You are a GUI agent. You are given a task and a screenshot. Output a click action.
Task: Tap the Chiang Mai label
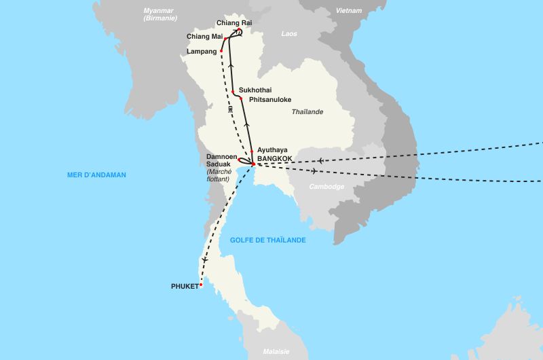point(204,36)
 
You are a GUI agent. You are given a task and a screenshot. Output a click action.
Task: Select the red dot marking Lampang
point(221,51)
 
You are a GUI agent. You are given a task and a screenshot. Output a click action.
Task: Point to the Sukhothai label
point(255,89)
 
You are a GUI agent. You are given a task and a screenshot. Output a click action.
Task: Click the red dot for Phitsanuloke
point(240,98)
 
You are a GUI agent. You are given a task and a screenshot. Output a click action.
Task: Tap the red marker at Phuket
point(201,285)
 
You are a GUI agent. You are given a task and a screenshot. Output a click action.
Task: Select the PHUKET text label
point(185,286)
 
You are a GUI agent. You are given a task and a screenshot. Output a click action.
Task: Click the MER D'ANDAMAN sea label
point(96,175)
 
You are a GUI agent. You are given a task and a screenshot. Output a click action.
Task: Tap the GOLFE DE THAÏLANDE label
point(267,240)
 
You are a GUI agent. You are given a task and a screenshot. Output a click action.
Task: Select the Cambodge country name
point(327,186)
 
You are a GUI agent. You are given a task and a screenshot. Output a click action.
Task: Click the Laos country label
point(289,33)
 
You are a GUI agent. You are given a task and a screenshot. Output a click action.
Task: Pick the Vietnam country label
point(349,10)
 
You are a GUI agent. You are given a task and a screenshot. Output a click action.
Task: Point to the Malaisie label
point(276,351)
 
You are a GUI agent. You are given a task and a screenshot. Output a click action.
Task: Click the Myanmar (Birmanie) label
point(160,14)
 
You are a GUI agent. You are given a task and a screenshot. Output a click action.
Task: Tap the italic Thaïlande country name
point(307,112)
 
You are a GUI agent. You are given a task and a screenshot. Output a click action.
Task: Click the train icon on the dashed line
point(231,109)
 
